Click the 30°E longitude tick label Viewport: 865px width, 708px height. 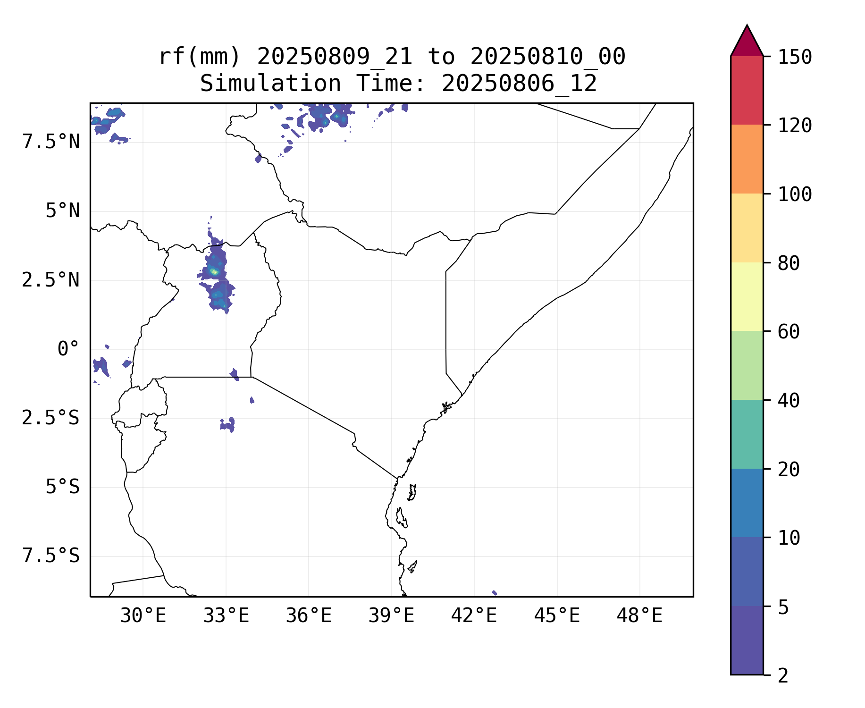click(x=143, y=616)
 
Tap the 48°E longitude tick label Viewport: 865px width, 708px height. click(x=639, y=616)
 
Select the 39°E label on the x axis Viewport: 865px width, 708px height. click(x=391, y=616)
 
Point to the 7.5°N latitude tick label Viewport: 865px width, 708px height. click(x=51, y=142)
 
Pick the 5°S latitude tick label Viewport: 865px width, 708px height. click(x=62, y=487)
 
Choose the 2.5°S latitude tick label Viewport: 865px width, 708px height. click(x=50, y=418)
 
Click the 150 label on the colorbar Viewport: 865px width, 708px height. click(x=795, y=58)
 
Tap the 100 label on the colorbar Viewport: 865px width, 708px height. click(x=795, y=194)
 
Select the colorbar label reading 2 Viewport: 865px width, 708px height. click(x=783, y=676)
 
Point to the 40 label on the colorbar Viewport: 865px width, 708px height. click(x=789, y=401)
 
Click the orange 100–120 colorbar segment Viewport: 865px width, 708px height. click(x=747, y=159)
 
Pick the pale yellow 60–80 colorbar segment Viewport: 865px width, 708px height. click(x=747, y=296)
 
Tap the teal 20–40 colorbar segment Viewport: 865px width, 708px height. click(x=747, y=434)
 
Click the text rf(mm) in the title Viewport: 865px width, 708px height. click(x=199, y=57)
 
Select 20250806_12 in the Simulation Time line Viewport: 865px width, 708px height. click(x=519, y=84)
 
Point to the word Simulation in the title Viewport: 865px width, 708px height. click(x=270, y=84)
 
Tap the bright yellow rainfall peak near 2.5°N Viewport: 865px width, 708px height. click(x=214, y=271)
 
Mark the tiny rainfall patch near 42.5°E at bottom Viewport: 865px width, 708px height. click(x=494, y=592)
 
